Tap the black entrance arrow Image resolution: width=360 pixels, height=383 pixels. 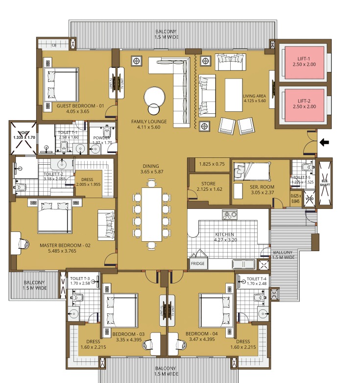pyautogui.click(x=324, y=143)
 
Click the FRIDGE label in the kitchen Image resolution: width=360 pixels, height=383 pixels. pyautogui.click(x=198, y=264)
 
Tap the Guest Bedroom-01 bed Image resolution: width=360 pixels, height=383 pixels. pyautogui.click(x=62, y=84)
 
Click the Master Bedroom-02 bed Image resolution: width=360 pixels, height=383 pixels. pyautogui.click(x=55, y=217)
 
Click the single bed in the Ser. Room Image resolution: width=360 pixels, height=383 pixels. pyautogui.click(x=252, y=172)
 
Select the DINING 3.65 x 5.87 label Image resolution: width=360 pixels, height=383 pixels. pyautogui.click(x=151, y=169)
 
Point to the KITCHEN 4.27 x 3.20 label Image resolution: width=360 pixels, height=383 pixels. pyautogui.click(x=224, y=237)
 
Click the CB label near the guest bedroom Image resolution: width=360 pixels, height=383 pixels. pyautogui.click(x=55, y=45)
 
